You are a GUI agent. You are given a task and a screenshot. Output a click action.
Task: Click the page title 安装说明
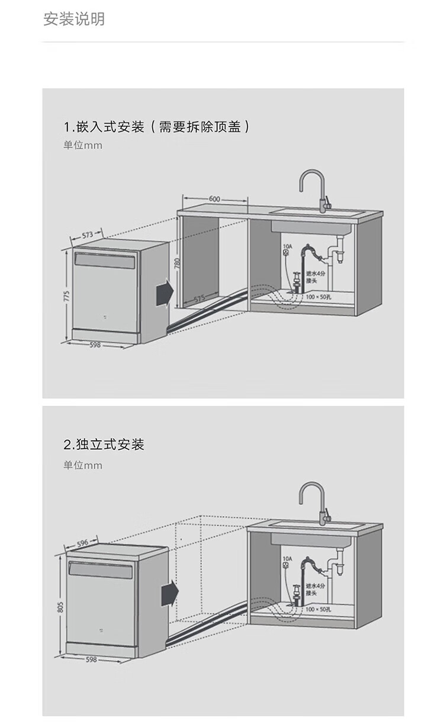74,19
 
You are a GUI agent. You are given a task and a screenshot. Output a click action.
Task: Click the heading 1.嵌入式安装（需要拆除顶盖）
156,126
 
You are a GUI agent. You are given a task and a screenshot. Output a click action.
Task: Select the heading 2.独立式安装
104,444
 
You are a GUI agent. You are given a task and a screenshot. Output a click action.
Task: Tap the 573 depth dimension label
88,235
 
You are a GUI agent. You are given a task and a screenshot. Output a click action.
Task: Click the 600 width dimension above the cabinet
214,199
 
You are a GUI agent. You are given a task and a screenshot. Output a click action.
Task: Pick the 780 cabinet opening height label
176,264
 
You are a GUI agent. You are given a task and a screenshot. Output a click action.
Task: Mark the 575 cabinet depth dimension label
199,297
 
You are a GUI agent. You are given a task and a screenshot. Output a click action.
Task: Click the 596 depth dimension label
83,542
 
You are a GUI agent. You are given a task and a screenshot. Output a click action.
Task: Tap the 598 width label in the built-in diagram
95,345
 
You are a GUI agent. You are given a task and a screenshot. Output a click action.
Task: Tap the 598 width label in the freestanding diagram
91,659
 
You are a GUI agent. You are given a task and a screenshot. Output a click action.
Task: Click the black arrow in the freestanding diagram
169,593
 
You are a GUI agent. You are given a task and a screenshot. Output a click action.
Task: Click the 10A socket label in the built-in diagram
288,245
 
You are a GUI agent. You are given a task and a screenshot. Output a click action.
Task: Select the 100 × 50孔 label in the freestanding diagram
319,609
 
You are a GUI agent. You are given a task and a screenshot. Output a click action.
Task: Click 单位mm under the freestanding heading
83,466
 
